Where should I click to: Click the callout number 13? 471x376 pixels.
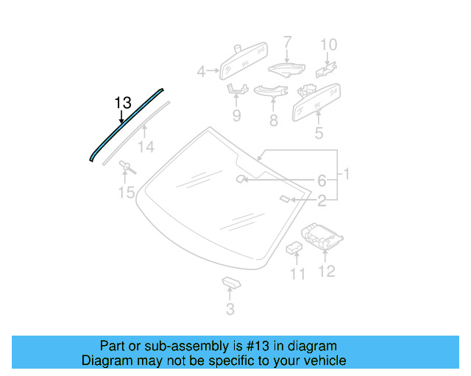coord(123,102)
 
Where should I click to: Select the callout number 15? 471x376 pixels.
coord(127,193)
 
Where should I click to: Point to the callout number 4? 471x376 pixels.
coord(201,71)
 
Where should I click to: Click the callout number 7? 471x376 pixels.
coord(287,42)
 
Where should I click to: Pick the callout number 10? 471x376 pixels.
coord(328,44)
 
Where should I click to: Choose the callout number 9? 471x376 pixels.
coord(236,115)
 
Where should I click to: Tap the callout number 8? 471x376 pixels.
coord(273,120)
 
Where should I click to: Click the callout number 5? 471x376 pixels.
coord(319,134)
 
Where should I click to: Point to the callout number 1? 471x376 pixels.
coord(347,174)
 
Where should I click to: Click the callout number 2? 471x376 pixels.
coord(322,199)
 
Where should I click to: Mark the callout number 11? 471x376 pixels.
coord(297,274)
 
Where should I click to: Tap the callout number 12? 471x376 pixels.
coord(326,272)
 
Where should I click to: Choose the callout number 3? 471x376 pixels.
coord(230,309)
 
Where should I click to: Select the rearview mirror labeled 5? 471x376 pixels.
coord(316,101)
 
